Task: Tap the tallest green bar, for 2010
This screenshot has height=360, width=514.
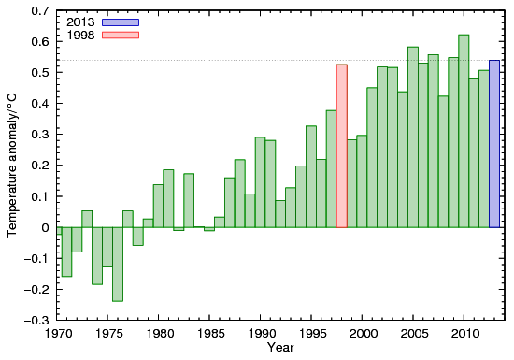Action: coord(464,131)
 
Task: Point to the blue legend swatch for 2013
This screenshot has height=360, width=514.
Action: coord(121,22)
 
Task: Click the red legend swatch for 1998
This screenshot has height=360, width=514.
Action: coord(121,35)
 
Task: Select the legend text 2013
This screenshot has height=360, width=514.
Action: coord(81,22)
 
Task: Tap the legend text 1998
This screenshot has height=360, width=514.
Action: coord(81,35)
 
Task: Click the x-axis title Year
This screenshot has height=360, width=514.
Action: coord(279,349)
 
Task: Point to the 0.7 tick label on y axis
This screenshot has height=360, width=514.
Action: coord(40,11)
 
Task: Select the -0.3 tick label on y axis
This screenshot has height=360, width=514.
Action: coord(38,320)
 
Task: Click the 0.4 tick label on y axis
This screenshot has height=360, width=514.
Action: coord(40,104)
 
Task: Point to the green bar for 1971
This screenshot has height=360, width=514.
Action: coord(66,252)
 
